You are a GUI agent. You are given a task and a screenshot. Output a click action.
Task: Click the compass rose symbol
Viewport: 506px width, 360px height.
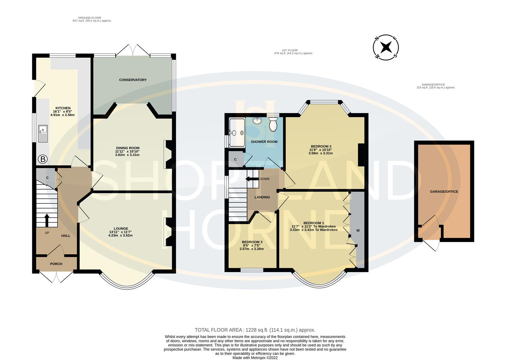point(386,47)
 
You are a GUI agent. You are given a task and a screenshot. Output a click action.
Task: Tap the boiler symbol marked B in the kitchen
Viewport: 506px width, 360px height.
point(42,159)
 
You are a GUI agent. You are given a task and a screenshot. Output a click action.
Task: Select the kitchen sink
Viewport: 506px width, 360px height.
point(43,133)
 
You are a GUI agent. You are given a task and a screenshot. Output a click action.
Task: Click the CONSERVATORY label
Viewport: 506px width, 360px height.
point(133,80)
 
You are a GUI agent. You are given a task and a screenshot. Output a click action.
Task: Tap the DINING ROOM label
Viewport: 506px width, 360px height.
point(127,148)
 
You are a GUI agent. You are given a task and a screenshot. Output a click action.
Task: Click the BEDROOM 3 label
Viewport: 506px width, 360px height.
point(252,242)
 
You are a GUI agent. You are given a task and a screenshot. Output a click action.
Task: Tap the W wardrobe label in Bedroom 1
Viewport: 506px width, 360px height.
point(358,230)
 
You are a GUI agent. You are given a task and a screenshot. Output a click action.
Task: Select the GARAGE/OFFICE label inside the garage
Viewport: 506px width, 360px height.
point(444,192)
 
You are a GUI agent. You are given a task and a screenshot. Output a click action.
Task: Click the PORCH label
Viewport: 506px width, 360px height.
point(56,264)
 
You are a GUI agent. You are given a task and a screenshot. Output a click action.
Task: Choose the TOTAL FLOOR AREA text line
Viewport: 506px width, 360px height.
point(255,330)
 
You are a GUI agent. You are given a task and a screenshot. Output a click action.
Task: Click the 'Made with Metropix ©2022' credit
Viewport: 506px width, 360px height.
point(255,358)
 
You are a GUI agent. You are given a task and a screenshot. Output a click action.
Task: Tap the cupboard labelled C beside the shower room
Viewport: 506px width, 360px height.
point(235,159)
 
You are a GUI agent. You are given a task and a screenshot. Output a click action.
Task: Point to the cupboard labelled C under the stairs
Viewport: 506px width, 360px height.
point(47,178)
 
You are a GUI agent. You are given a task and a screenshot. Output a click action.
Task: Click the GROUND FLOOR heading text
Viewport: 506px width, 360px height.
point(90,18)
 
